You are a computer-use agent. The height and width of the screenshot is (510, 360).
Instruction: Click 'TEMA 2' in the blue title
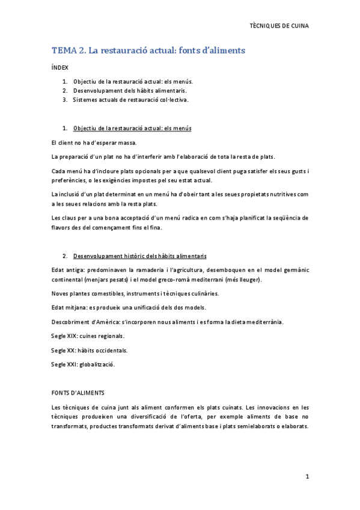click(x=68, y=51)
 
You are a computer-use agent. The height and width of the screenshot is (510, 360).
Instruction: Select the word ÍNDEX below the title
click(x=60, y=69)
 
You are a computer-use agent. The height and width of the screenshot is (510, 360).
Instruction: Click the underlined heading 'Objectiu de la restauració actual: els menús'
click(x=132, y=129)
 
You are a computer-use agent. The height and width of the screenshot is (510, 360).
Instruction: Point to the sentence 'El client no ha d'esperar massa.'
click(x=94, y=143)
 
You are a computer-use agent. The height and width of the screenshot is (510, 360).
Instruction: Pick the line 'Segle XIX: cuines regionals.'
click(x=88, y=336)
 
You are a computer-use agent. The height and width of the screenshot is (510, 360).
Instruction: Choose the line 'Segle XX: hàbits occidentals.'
click(x=89, y=350)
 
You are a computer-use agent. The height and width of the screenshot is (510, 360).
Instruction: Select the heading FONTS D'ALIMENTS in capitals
click(x=78, y=393)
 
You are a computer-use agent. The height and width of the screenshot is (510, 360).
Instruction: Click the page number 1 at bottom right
click(x=307, y=476)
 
